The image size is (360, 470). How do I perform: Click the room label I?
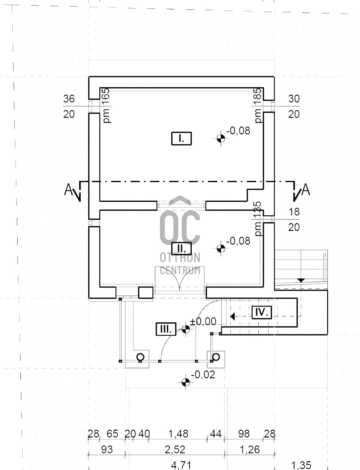coord(181,139)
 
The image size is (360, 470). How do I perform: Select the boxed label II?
coord(181,248)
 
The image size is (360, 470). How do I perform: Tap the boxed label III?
coord(166,329)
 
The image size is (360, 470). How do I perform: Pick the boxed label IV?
coord(261,312)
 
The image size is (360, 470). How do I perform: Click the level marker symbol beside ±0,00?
coord(186,329)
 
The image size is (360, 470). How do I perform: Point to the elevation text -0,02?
coord(203,375)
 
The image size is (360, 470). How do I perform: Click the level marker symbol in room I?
coord(221,139)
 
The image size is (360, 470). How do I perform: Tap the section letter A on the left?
coord(69,189)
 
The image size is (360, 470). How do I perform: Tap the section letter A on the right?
coord(306,189)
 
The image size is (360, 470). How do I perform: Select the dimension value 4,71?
coord(181,465)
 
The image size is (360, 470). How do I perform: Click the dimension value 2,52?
coord(175,450)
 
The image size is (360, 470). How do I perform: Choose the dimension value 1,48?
coord(178,434)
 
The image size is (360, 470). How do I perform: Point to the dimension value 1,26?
coord(250,450)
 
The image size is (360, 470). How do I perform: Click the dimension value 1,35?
coord(301,465)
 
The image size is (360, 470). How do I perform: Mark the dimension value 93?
coord(107,450)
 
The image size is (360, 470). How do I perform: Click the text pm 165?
coord(106,105)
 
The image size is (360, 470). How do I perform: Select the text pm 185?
coord(257,105)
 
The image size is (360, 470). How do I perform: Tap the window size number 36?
coord(69,99)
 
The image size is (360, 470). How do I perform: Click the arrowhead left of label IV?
coord(233,316)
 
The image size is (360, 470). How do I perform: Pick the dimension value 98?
coord(244,434)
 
